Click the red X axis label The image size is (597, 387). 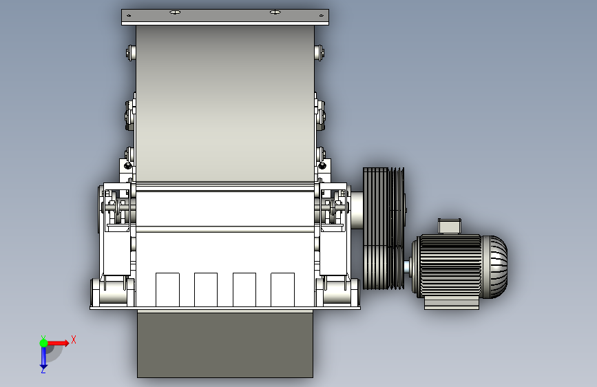[74, 339]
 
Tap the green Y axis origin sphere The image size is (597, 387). [44, 343]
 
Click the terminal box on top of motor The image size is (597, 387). [449, 226]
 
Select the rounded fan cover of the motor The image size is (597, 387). [495, 266]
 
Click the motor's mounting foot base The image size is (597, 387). [452, 303]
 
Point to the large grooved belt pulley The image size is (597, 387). [384, 229]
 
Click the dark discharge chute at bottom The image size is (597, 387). [225, 344]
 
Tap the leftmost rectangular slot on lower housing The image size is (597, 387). [167, 289]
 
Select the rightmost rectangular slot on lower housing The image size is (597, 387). [282, 289]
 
